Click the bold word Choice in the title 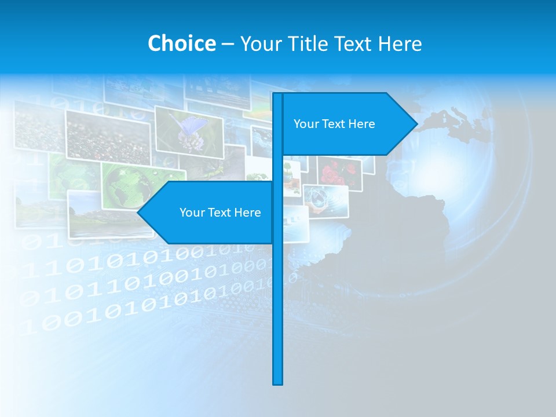pyautogui.click(x=181, y=43)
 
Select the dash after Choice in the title pyautogui.click(x=228, y=44)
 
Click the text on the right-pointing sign pyautogui.click(x=334, y=124)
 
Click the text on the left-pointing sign pyautogui.click(x=220, y=213)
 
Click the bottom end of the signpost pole pyautogui.click(x=278, y=383)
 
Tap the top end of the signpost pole pyautogui.click(x=278, y=94)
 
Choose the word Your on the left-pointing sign pyautogui.click(x=191, y=213)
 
